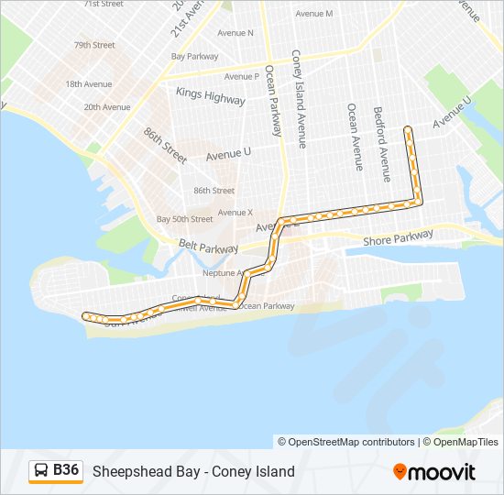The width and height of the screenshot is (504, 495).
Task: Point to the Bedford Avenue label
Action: (378, 137)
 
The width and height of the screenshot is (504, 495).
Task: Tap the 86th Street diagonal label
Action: (165, 146)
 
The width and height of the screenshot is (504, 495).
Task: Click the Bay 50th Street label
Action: (184, 219)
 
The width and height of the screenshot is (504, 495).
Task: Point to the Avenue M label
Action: (314, 14)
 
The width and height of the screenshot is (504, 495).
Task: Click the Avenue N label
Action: (236, 33)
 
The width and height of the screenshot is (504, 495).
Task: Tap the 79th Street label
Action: (94, 45)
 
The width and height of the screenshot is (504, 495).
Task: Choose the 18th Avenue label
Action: (88, 83)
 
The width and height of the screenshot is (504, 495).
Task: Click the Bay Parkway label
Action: (200, 56)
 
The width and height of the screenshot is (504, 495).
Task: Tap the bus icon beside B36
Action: (41, 471)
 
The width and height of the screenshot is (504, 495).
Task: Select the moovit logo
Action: (434, 472)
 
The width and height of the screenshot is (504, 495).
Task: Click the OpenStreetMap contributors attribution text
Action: (346, 442)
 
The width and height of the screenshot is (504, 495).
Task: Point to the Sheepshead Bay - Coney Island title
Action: (193, 471)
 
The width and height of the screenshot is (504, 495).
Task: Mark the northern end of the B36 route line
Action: (408, 130)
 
